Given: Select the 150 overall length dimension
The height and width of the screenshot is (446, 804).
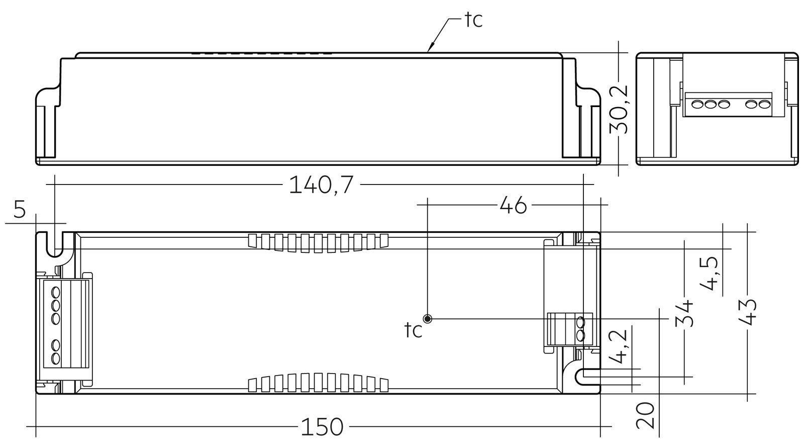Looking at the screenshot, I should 322,427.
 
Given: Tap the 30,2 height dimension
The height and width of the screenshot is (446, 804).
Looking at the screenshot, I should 622,109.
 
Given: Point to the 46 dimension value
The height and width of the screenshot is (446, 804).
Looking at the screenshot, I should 513,205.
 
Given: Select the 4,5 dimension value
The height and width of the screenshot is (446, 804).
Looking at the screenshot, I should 710,275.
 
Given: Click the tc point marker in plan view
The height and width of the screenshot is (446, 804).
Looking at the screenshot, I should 428,319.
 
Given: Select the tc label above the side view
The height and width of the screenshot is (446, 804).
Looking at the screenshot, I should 472,20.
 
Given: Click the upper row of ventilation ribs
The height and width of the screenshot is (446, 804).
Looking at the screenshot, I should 319,242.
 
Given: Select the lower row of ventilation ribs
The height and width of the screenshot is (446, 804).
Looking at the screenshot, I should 319,383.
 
